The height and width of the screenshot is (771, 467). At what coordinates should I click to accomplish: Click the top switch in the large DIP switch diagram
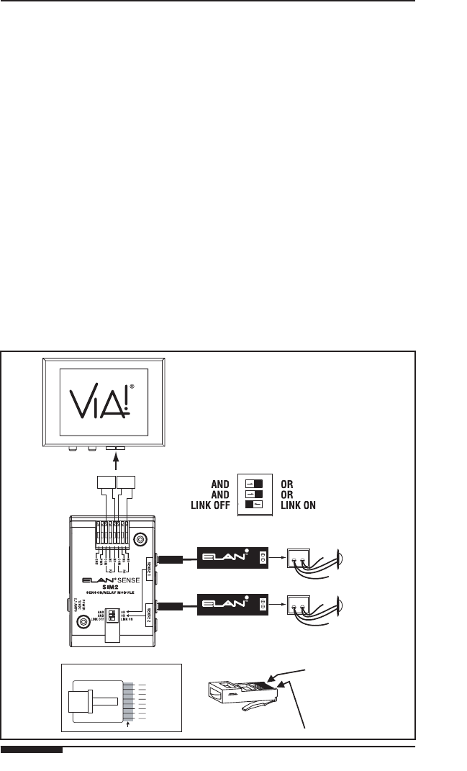(253, 483)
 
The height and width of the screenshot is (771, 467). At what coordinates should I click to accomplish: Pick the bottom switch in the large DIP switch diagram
(253, 505)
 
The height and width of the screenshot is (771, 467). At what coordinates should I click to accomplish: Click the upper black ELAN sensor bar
(233, 556)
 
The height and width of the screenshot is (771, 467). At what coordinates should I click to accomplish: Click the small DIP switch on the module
(112, 616)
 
